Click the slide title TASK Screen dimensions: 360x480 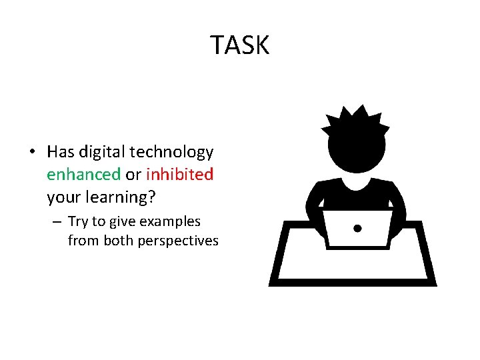(240, 45)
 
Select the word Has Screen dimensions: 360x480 (60, 152)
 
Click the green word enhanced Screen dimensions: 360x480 (83, 175)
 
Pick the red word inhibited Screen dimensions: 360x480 (179, 175)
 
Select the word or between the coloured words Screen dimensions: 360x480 (133, 175)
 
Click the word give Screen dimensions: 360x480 (123, 221)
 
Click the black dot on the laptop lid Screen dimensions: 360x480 (357, 229)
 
